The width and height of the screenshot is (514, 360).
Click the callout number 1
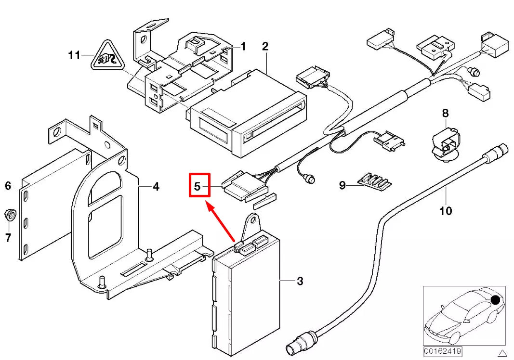coord(243,47)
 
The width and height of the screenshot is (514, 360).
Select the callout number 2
coord(265,46)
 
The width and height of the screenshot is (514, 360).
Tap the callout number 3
coord(300,281)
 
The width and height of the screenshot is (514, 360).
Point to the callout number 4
coord(156,186)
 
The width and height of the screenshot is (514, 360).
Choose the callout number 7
coord(8,237)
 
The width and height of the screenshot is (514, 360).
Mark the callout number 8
coord(445,113)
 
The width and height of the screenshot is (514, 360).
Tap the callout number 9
coord(342,185)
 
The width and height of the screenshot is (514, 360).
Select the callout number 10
coord(446,210)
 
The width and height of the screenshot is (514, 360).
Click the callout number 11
coord(74,55)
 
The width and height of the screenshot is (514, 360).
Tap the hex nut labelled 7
coord(9,214)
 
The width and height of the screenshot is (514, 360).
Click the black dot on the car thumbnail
coord(495,300)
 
